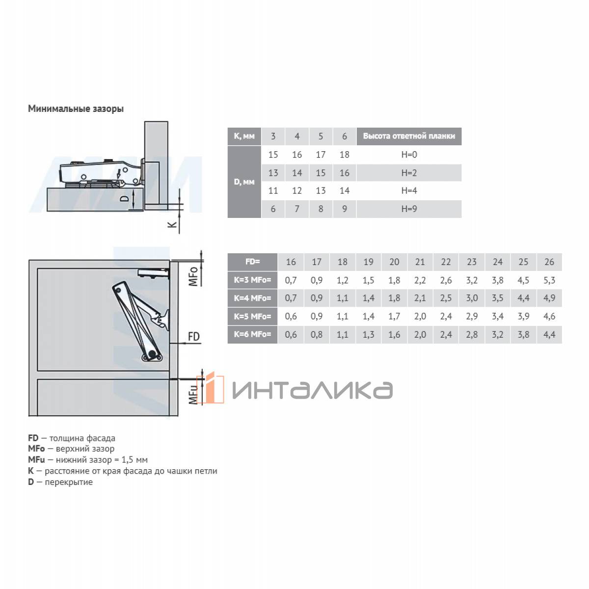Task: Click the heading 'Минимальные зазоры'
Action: coord(76,108)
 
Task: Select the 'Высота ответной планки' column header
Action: coord(409,136)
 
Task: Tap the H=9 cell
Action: coord(409,209)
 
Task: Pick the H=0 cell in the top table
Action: coord(409,155)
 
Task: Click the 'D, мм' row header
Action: coord(244,182)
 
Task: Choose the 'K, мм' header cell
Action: coord(244,136)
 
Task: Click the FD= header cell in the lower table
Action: coord(252,262)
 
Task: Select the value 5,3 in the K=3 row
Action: coord(549,280)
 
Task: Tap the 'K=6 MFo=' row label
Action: coord(252,334)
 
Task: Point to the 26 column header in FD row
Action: coord(549,262)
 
